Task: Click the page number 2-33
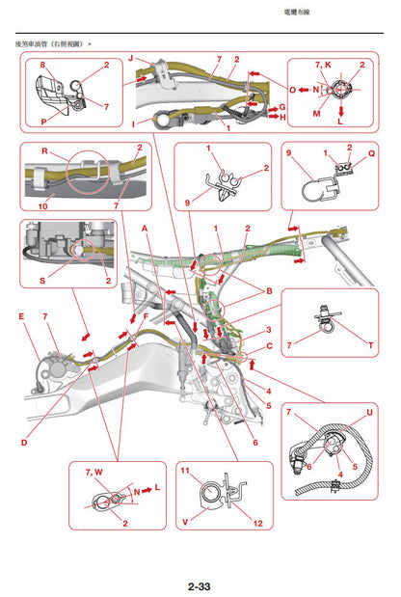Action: tap(200, 585)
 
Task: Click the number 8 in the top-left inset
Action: tap(42, 64)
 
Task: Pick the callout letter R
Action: tap(42, 151)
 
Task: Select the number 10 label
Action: tap(42, 205)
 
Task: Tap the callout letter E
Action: tap(21, 315)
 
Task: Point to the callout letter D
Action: tap(24, 442)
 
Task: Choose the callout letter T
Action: tap(371, 343)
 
